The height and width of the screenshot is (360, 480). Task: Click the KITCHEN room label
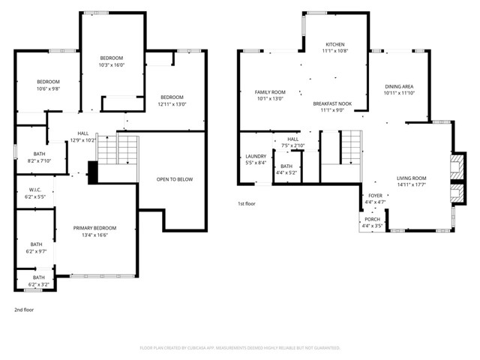(334, 44)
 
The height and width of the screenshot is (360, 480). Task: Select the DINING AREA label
(399, 87)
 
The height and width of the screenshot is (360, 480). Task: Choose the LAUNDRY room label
(255, 157)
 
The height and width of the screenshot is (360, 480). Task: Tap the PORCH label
(372, 220)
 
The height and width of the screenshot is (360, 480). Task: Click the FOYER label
(374, 196)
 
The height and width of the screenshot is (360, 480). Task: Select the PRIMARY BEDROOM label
(94, 228)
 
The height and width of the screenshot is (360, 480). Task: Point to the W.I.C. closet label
(34, 189)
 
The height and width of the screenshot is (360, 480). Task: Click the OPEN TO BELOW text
(172, 179)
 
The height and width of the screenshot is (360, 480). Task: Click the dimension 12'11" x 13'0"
(172, 103)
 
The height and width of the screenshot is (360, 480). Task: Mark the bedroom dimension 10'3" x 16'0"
(112, 64)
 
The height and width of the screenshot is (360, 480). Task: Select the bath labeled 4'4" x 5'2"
(286, 172)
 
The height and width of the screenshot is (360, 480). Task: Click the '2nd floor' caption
(24, 309)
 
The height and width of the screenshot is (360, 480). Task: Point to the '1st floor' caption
(247, 203)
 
